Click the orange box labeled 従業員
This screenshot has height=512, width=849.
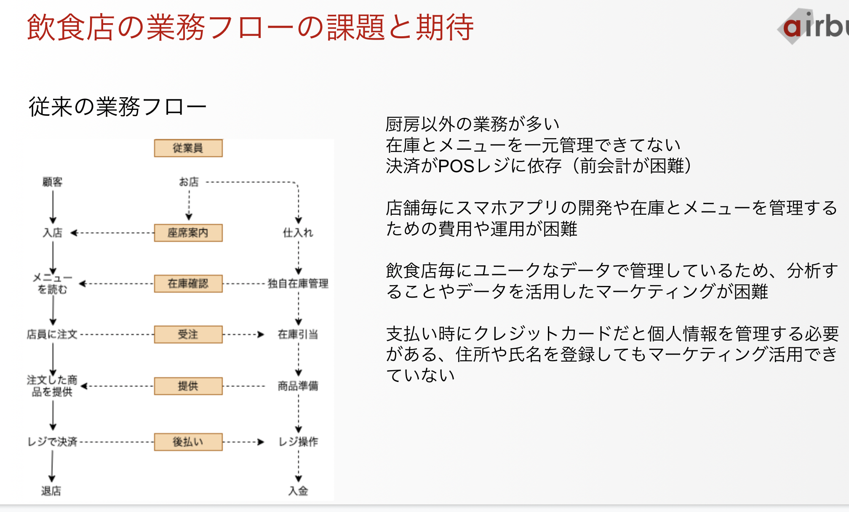(188, 148)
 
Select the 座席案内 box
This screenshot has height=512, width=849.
(188, 233)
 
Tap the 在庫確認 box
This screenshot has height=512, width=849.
(188, 283)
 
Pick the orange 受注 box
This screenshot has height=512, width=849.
(188, 334)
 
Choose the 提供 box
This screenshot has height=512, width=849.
(188, 386)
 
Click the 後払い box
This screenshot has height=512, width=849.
(188, 442)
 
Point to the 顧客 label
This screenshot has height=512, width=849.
(53, 182)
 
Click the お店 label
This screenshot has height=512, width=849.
(189, 182)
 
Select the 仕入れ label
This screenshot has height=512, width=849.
(298, 232)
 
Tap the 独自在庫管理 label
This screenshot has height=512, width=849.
(298, 283)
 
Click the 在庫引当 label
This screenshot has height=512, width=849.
(298, 334)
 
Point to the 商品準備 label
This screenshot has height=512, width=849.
(298, 386)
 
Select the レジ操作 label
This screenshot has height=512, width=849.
(298, 442)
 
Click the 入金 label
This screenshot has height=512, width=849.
(298, 491)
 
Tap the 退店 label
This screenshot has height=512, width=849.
(51, 491)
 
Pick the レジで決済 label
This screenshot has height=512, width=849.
(53, 442)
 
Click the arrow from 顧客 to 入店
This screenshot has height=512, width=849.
(53, 207)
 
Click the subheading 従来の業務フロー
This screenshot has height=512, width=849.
(117, 107)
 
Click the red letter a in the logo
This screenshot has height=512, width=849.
(792, 28)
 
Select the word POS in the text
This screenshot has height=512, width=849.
(456, 166)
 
